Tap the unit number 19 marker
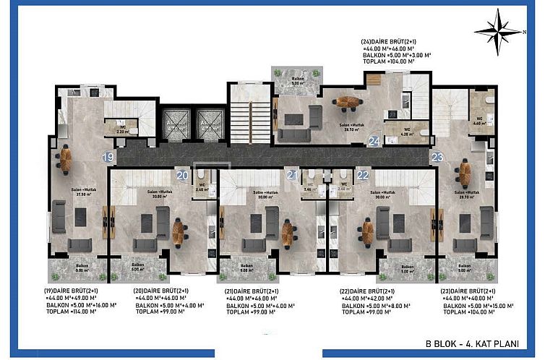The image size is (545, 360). pyautogui.click(x=108, y=156)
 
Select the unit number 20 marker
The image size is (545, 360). pyautogui.click(x=181, y=174)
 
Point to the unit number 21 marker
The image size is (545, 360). pyautogui.click(x=291, y=174)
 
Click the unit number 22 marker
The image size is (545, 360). pyautogui.click(x=362, y=174)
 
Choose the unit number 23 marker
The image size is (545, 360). pyautogui.click(x=437, y=156)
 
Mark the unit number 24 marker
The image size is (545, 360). pyautogui.click(x=374, y=141)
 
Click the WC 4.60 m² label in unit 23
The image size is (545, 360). pyautogui.click(x=479, y=121)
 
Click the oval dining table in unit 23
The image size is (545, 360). pyautogui.click(x=463, y=172)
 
